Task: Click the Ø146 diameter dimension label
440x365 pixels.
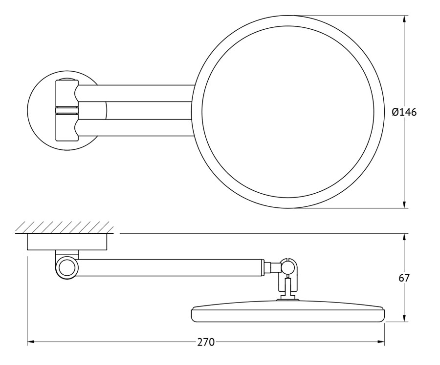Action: point(404,112)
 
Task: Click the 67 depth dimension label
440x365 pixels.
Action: point(404,278)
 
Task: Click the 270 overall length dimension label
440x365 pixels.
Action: point(206,342)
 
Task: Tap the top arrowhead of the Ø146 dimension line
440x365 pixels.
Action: point(404,19)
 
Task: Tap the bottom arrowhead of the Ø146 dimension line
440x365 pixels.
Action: point(404,205)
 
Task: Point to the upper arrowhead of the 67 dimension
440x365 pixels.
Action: point(404,237)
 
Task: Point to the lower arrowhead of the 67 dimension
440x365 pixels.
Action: point(404,318)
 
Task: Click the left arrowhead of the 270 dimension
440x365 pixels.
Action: point(31,342)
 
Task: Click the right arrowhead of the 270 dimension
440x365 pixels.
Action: point(381,342)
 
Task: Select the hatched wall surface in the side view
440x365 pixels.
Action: point(65,227)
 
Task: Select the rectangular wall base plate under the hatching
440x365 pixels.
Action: point(67,242)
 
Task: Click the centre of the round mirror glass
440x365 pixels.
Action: point(288,112)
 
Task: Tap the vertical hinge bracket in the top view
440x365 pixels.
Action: point(67,110)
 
